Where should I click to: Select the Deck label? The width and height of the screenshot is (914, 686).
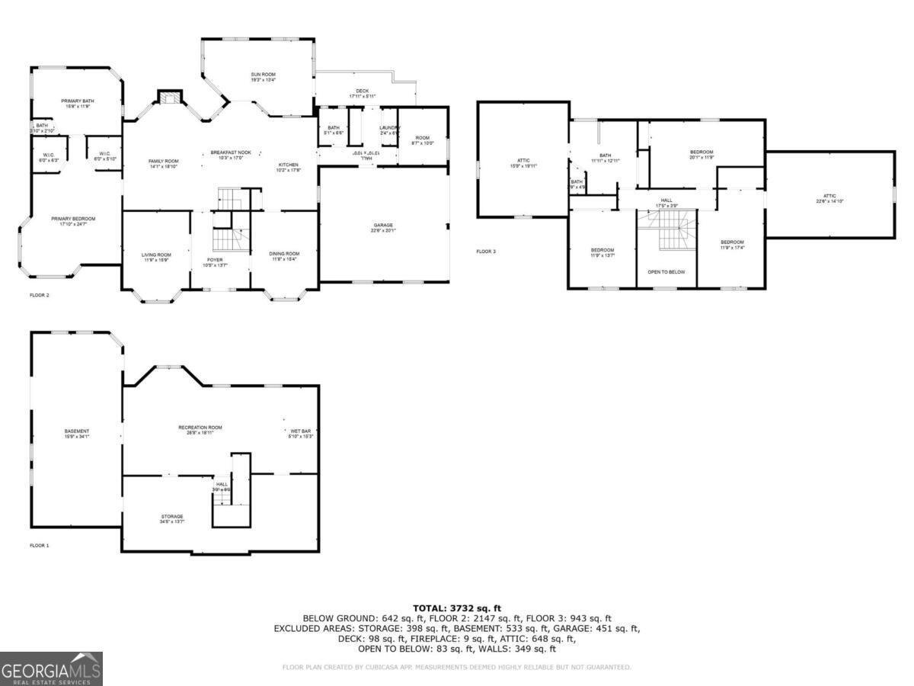point(362,93)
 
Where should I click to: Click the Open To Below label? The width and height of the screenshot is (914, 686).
point(666,271)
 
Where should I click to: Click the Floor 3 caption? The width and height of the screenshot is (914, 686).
point(486,251)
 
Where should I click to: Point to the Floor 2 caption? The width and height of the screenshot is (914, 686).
point(40,294)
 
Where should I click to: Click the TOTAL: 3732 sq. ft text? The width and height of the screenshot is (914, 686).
point(457,607)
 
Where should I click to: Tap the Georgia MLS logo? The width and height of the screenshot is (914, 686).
point(51,669)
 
